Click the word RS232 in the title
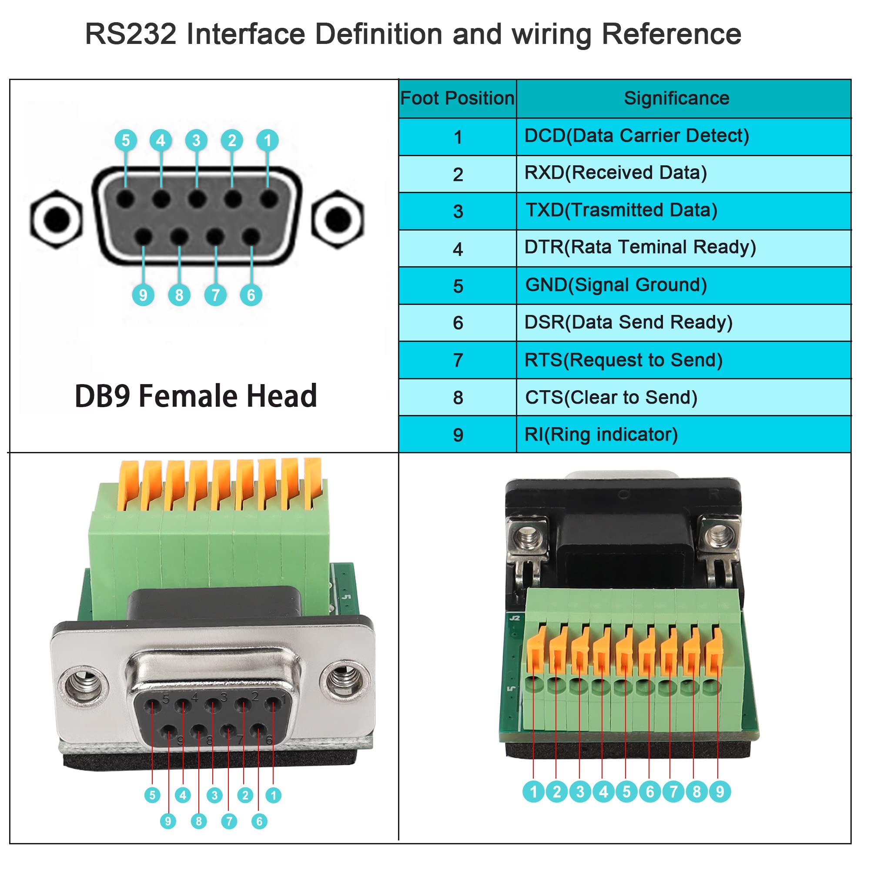(130, 34)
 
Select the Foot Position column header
(457, 98)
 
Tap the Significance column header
(676, 98)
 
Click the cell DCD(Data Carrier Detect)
(637, 136)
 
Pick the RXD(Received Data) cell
(616, 173)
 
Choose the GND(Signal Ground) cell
(616, 285)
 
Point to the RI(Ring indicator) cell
(601, 435)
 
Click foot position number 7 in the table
(458, 360)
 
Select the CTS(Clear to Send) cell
(611, 398)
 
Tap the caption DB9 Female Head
(196, 396)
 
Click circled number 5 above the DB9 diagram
(126, 141)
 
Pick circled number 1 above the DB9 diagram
(268, 141)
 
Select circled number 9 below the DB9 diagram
(143, 295)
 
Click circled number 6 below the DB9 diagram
(251, 295)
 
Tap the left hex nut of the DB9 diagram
(56, 219)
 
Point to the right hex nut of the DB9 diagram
(338, 219)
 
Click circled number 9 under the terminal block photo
(719, 791)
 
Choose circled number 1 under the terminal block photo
(534, 791)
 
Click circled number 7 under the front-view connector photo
(229, 821)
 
